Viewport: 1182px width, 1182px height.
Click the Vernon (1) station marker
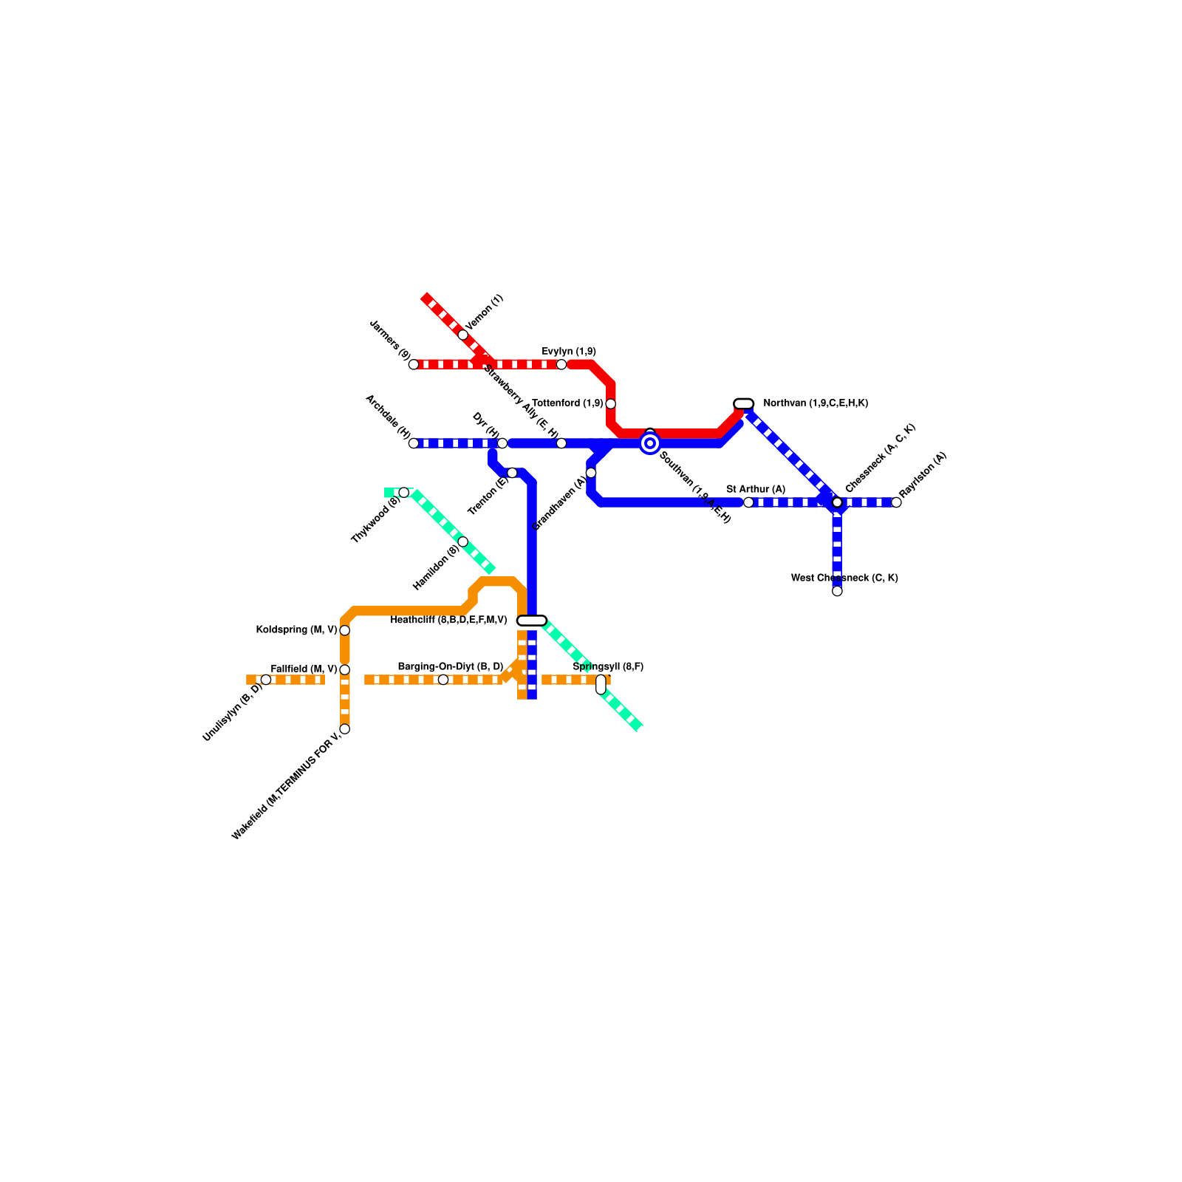tap(463, 335)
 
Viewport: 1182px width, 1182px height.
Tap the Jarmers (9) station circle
tap(414, 364)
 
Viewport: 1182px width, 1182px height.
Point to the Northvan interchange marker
tap(744, 403)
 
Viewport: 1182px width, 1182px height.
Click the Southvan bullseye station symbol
tap(650, 443)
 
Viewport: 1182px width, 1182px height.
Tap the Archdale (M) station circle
tap(414, 443)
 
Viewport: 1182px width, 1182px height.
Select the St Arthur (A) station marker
tap(748, 502)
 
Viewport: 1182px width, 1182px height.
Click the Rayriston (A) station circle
tap(896, 502)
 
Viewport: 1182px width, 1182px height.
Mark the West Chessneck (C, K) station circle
tap(837, 591)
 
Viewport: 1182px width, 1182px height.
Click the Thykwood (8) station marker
tap(403, 493)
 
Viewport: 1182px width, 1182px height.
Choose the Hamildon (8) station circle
tap(463, 542)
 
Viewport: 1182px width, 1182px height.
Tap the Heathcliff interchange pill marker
tap(532, 621)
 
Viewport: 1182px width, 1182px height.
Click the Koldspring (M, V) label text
tap(296, 630)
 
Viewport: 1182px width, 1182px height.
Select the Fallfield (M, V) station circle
tap(344, 670)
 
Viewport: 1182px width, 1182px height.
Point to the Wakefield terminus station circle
tap(344, 729)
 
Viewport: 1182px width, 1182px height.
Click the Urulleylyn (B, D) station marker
tap(266, 680)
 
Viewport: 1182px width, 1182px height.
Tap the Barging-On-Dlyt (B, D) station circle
tap(443, 680)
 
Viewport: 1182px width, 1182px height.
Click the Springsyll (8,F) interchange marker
tap(601, 685)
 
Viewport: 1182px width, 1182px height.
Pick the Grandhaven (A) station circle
tap(591, 473)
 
